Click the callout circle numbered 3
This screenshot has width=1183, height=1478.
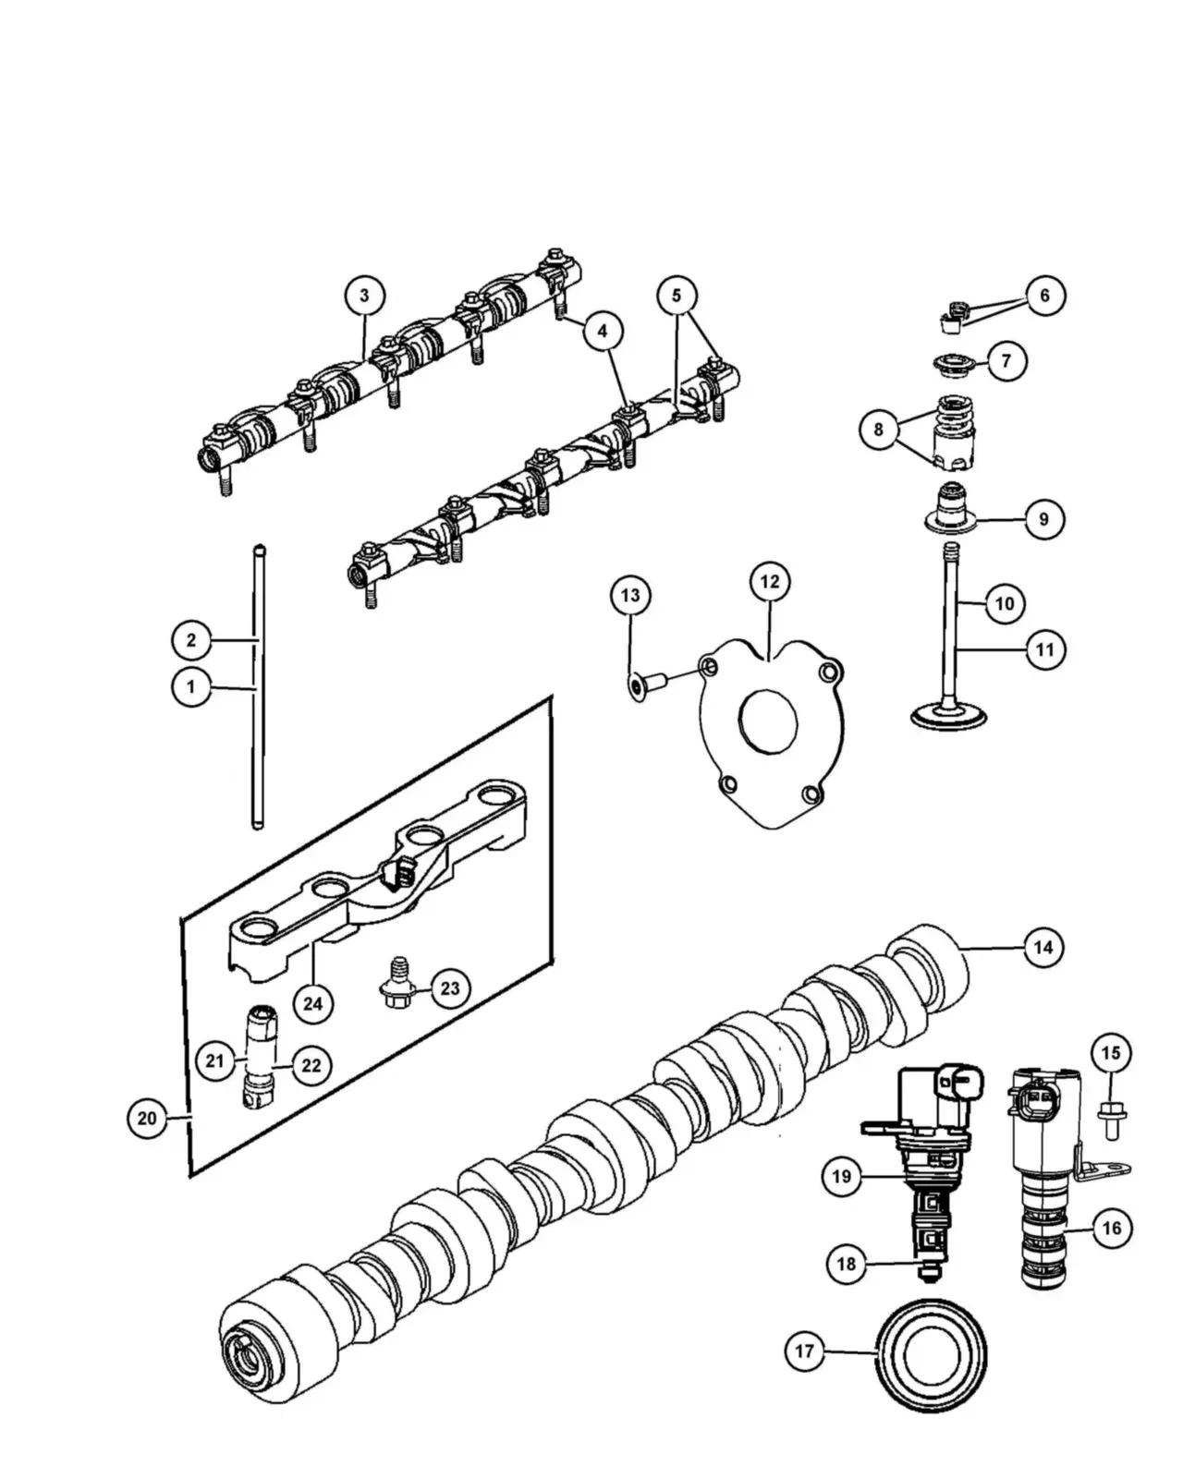[364, 296]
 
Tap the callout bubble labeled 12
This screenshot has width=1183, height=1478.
[769, 582]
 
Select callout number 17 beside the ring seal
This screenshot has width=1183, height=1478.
[804, 1351]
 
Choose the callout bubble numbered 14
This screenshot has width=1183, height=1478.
[1043, 947]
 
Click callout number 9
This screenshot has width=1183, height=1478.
[1043, 519]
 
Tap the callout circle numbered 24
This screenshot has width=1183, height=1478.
[312, 1004]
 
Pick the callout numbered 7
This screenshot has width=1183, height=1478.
[1007, 360]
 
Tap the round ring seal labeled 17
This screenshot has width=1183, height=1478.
[931, 1355]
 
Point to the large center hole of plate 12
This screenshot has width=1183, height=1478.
[768, 721]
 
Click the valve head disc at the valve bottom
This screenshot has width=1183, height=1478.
[948, 716]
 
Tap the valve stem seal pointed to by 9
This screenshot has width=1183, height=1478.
[951, 509]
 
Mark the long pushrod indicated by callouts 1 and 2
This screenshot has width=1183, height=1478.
[259, 686]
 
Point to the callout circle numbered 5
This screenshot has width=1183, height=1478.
[677, 296]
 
